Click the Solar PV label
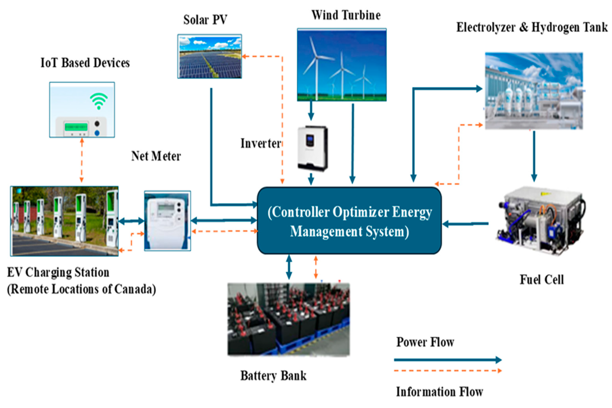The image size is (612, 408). tap(205, 20)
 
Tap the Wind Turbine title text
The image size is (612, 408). tap(346, 15)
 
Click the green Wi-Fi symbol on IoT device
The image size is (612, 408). tap(99, 101)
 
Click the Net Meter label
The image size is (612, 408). tap(156, 156)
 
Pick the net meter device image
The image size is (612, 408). tap(167, 221)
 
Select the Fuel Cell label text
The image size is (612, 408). tap(542, 280)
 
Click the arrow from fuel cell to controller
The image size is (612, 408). tap(465, 223)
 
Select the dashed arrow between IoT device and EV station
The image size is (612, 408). tap(82, 160)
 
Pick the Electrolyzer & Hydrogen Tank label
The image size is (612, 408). tap(532, 27)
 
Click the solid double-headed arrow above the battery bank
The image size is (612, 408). tap(289, 267)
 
